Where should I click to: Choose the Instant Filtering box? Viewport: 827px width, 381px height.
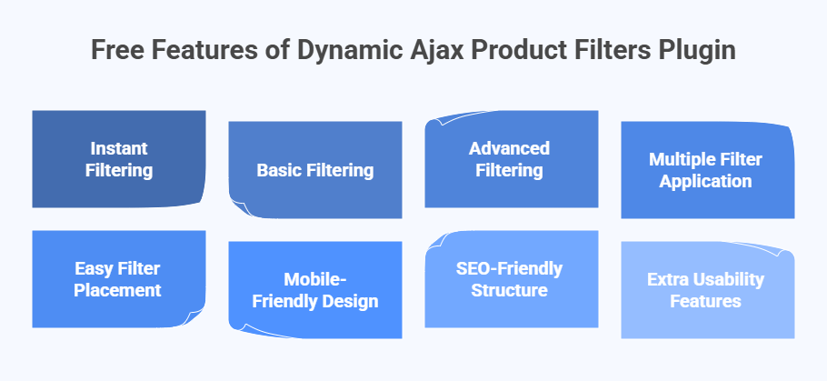pyautogui.click(x=119, y=159)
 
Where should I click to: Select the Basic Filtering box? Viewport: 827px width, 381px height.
pyautogui.click(x=314, y=170)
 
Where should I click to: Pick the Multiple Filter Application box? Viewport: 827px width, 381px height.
pyautogui.click(x=707, y=170)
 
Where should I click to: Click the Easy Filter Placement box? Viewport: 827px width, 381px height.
pyautogui.click(x=119, y=279)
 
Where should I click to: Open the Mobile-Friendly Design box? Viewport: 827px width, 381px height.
pyautogui.click(x=314, y=290)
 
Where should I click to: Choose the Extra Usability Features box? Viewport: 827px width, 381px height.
pyautogui.click(x=707, y=290)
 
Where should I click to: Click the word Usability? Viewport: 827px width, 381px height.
pyautogui.click(x=730, y=279)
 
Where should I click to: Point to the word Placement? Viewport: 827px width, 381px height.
pyautogui.click(x=119, y=291)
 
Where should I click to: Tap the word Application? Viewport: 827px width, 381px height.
pyautogui.click(x=706, y=181)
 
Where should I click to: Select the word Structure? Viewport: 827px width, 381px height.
pyautogui.click(x=509, y=291)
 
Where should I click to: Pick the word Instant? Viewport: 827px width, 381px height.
pyautogui.click(x=119, y=148)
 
